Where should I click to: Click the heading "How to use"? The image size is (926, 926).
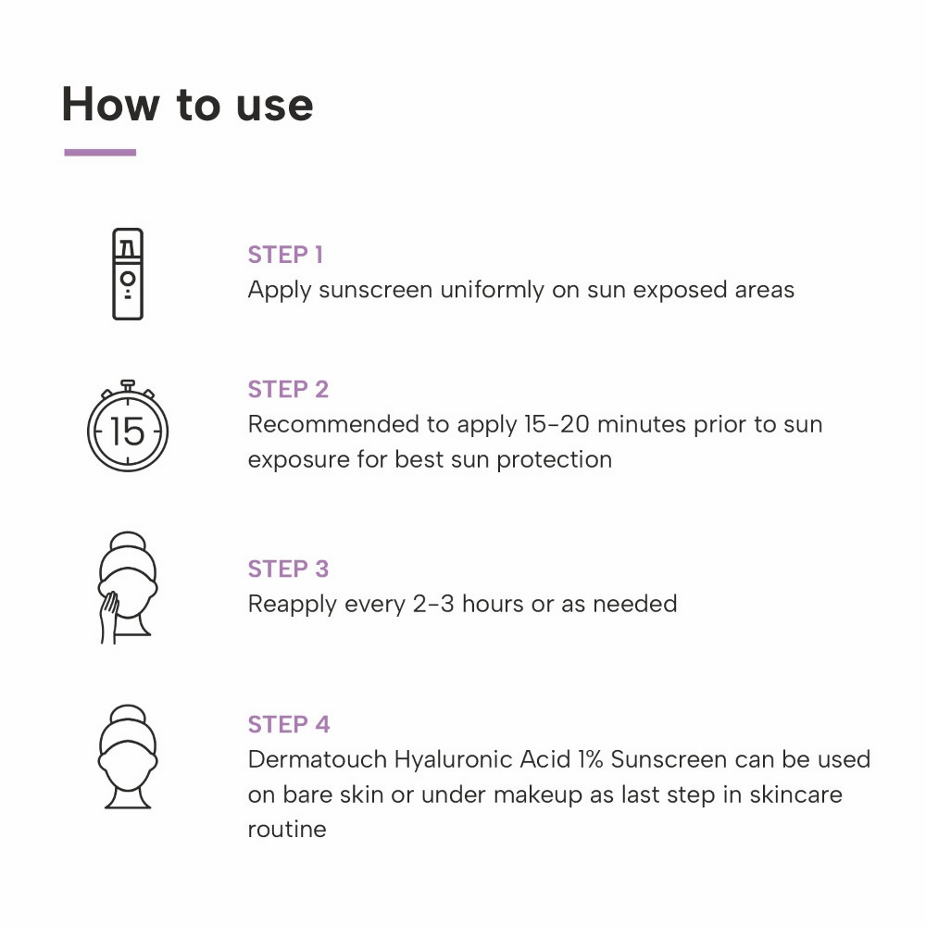(187, 105)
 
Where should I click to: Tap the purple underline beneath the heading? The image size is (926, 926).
(100, 153)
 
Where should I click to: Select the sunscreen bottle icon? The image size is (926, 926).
(128, 274)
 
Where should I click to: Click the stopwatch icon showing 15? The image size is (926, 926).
(128, 426)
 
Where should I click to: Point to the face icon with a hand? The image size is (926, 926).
(128, 587)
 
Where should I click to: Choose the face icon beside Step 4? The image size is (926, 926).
(128, 757)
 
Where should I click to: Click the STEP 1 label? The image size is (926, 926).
(285, 256)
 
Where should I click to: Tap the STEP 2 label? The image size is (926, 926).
(288, 390)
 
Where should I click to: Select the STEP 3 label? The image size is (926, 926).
(288, 569)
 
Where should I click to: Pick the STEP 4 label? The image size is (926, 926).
(289, 725)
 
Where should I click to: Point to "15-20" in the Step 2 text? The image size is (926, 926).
(557, 425)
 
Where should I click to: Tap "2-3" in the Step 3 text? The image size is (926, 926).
(433, 604)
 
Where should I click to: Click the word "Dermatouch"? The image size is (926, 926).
(317, 759)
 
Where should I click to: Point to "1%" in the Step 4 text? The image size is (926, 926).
(590, 759)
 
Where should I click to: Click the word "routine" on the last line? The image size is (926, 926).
(287, 830)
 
